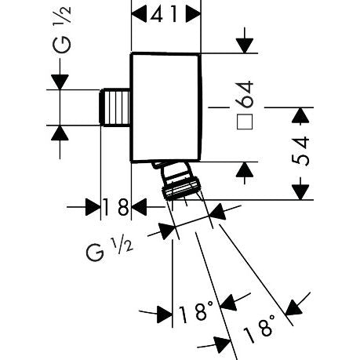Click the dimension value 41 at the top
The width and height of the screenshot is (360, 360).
[x=164, y=13]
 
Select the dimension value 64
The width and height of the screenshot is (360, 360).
[x=244, y=94]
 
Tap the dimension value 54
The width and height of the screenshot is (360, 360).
[x=300, y=151]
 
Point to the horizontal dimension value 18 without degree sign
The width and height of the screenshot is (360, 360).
[x=116, y=207]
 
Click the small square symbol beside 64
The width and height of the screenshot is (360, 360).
[x=245, y=122]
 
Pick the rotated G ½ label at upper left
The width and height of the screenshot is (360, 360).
[x=62, y=31]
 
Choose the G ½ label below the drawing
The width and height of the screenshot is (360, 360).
[x=109, y=250]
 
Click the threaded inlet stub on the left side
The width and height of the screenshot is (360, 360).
[x=115, y=107]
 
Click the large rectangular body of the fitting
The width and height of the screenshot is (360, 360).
[x=166, y=107]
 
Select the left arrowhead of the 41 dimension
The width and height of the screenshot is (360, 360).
[x=139, y=14]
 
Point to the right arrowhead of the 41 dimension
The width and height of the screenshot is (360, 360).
[x=193, y=14]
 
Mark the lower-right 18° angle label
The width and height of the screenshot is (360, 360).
[x=260, y=329]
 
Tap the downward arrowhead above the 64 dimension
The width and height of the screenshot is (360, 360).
[x=245, y=45]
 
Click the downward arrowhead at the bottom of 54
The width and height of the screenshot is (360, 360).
[x=300, y=192]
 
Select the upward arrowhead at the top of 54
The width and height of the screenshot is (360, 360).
[x=300, y=115]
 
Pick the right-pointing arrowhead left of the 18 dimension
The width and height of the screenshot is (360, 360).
[x=93, y=207]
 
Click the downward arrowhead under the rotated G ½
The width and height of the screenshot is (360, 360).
[x=60, y=82]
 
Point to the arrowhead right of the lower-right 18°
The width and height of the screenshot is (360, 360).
[x=293, y=307]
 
